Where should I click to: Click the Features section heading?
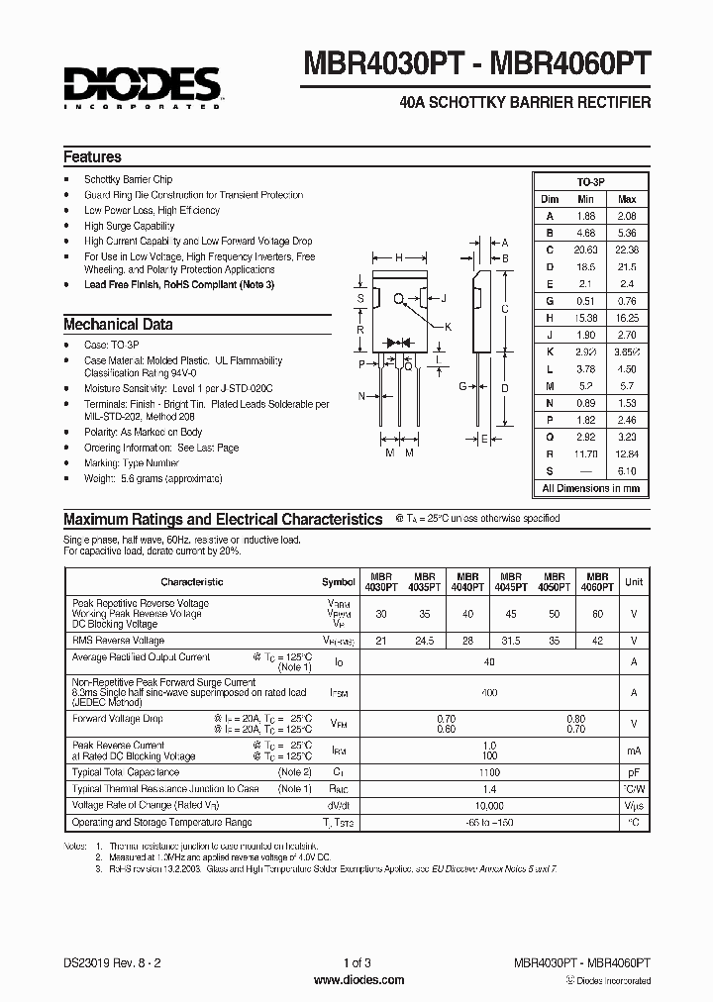pyautogui.click(x=92, y=156)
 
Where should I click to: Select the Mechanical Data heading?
pyautogui.click(x=118, y=324)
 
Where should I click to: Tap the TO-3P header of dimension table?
pyautogui.click(x=590, y=183)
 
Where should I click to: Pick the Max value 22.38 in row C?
pyautogui.click(x=627, y=250)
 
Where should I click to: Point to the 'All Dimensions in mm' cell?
pyautogui.click(x=590, y=488)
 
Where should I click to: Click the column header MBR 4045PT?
pyautogui.click(x=511, y=581)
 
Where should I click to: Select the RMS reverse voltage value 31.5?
pyautogui.click(x=511, y=641)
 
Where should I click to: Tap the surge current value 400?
pyautogui.click(x=489, y=693)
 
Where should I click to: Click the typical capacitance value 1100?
pyautogui.click(x=489, y=771)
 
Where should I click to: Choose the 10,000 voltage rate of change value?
pyautogui.click(x=489, y=805)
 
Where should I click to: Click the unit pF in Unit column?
pyautogui.click(x=634, y=771)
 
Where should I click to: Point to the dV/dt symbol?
pyautogui.click(x=339, y=805)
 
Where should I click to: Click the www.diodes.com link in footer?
pyautogui.click(x=357, y=980)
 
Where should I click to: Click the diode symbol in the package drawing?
pyautogui.click(x=398, y=342)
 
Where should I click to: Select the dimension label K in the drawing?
pyautogui.click(x=448, y=327)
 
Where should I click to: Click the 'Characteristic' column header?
pyautogui.click(x=192, y=582)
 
